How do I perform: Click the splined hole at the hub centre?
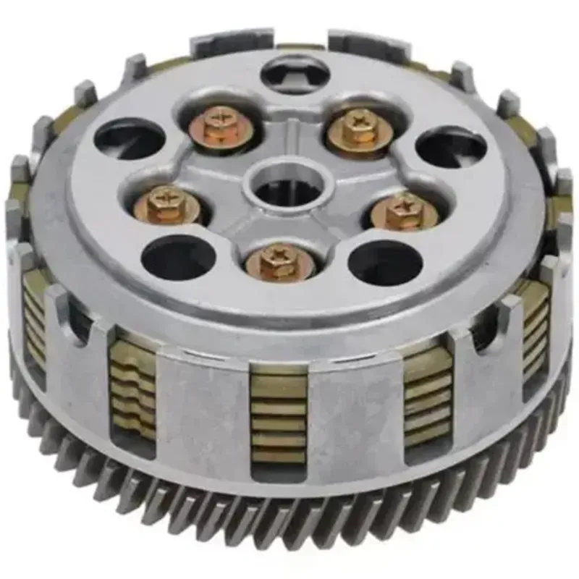click(x=284, y=185)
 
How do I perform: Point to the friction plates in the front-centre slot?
click(x=278, y=413)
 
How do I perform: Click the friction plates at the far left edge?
click(x=33, y=318)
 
